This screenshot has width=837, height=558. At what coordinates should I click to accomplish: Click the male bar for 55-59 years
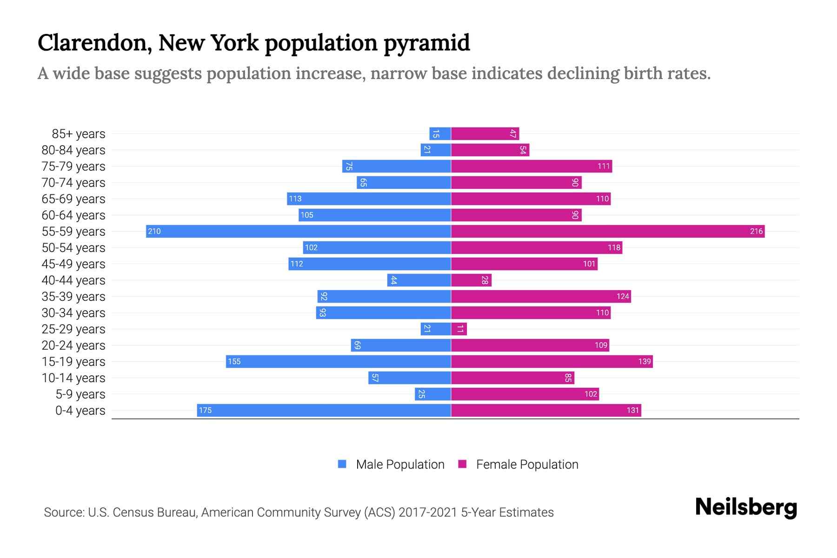(x=298, y=231)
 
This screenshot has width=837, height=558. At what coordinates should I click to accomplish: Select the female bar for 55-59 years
(x=608, y=231)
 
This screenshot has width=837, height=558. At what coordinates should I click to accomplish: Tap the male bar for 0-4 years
(x=324, y=410)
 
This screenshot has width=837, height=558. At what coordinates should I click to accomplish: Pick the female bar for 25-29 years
(x=459, y=329)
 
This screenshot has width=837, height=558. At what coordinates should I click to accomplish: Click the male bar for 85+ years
(x=440, y=133)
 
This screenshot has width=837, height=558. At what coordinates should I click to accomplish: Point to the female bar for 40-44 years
(x=471, y=280)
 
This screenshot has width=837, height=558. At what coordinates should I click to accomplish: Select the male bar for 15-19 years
(x=338, y=361)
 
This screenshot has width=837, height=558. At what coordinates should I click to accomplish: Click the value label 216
(x=756, y=231)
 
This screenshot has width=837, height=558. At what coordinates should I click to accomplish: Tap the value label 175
(x=205, y=410)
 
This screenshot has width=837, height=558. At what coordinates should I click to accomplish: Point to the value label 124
(x=623, y=296)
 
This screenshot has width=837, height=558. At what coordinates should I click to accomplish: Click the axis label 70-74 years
(x=73, y=183)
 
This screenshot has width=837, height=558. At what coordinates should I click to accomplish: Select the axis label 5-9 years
(x=80, y=394)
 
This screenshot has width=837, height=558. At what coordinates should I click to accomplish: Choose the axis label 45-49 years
(x=73, y=264)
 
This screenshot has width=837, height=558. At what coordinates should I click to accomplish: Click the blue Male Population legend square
(x=342, y=464)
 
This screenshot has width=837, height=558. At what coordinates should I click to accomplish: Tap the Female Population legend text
(x=527, y=464)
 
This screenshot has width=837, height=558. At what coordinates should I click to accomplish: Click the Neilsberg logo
(x=746, y=507)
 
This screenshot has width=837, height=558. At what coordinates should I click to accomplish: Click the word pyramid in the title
(x=426, y=43)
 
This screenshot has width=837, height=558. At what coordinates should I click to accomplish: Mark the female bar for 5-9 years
(x=525, y=394)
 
